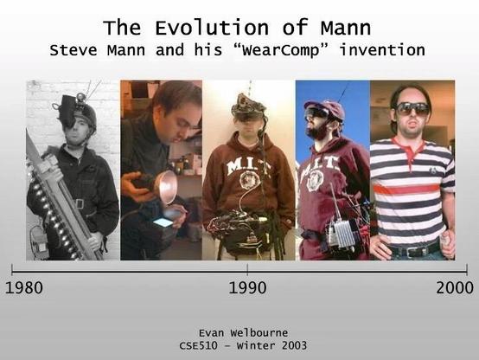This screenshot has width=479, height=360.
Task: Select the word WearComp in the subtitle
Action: click(x=278, y=49)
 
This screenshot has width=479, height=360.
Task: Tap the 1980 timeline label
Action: click(x=24, y=288)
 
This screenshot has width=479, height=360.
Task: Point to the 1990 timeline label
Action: click(x=247, y=288)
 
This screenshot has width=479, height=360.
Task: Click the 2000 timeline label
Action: click(x=455, y=288)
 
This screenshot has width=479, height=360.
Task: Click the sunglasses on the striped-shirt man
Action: click(x=412, y=109)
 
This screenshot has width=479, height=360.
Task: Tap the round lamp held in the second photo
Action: click(x=165, y=187)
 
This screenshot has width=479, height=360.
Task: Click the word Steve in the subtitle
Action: click(x=74, y=49)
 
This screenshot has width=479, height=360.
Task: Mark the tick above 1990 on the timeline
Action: click(x=247, y=269)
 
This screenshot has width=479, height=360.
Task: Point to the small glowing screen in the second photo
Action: click(x=162, y=222)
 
